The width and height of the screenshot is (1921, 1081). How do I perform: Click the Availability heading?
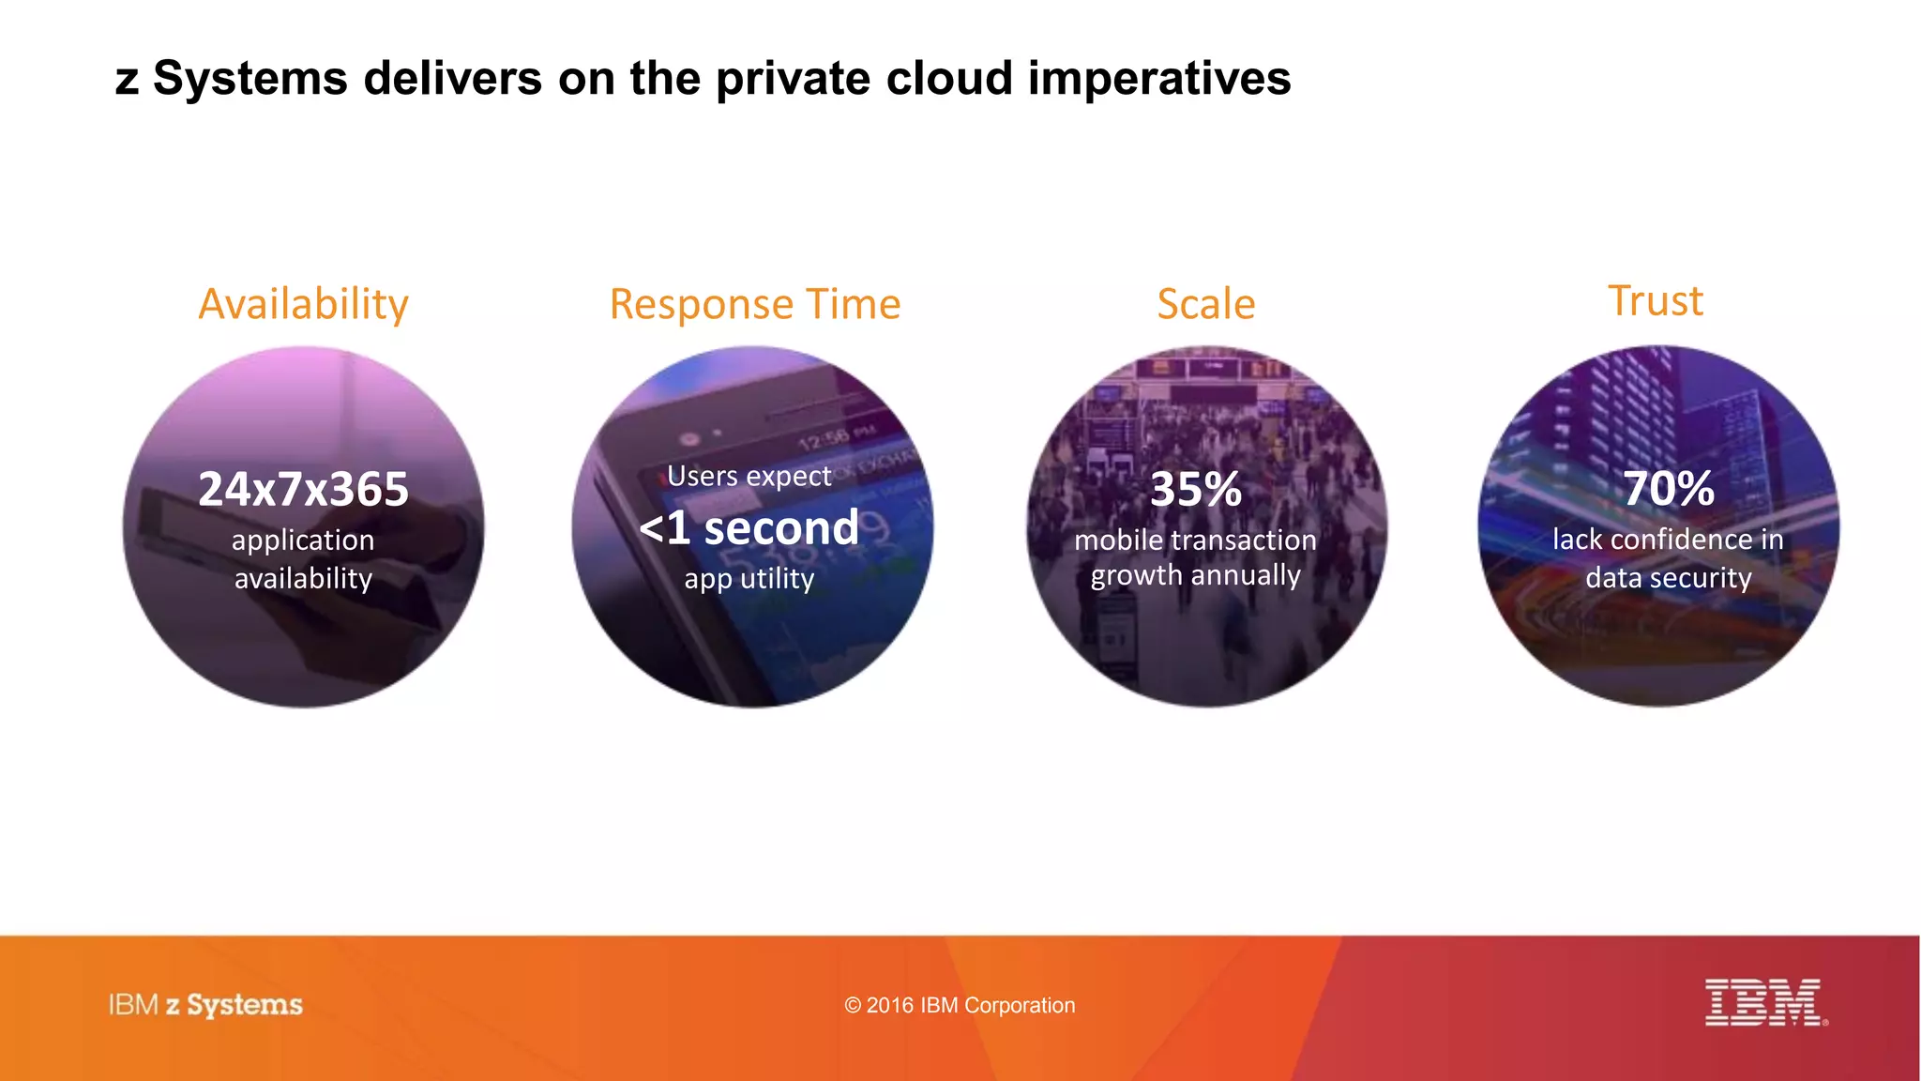coord(303,304)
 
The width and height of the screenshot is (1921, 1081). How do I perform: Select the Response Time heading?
coord(754,304)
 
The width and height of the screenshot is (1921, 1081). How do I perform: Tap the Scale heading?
coord(1205,304)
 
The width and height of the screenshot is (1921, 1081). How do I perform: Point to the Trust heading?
coord(1656,301)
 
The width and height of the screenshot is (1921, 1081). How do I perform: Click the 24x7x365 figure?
coord(303,489)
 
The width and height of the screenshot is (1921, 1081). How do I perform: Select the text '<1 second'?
coord(749,527)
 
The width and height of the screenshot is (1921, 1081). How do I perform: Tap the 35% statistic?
coord(1196,489)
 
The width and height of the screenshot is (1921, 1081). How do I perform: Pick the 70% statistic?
coord(1669,488)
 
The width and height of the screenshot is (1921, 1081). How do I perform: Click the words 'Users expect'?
coord(749,476)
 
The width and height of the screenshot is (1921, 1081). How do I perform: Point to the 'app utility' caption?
coord(749,578)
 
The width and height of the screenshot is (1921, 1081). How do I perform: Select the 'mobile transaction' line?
coord(1195,540)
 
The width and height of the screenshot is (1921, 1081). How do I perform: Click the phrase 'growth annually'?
coord(1195,574)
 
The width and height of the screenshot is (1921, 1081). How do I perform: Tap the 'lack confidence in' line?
coord(1668,539)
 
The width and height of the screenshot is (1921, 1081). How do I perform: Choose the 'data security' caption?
coord(1668,577)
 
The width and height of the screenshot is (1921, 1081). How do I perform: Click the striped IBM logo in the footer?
coord(1763,1002)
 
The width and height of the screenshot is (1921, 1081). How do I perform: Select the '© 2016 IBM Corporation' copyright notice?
coord(960,1005)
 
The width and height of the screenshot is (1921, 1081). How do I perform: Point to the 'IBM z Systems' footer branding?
coord(205,1005)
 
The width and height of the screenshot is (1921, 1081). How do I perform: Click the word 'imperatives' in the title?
coord(1159,78)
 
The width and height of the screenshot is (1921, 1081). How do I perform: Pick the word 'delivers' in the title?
coord(452,78)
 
